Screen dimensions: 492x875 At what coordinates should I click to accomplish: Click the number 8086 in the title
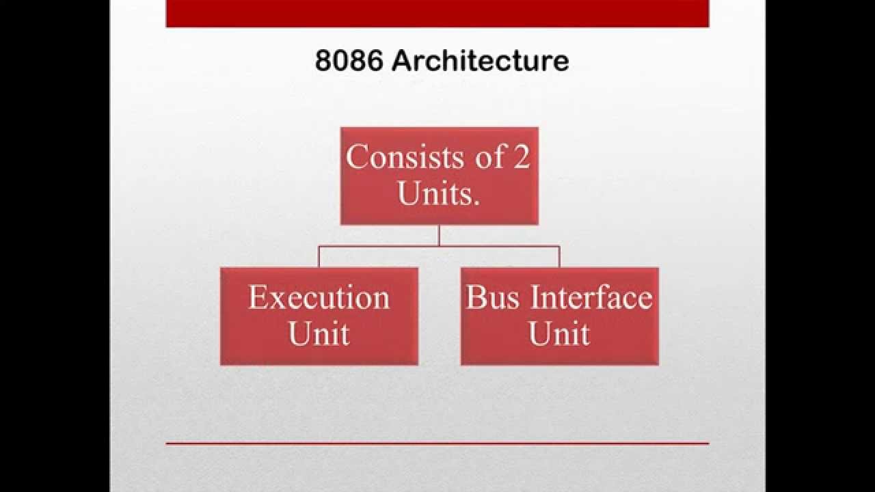[x=349, y=61]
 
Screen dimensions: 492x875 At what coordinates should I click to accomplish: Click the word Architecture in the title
[x=481, y=61]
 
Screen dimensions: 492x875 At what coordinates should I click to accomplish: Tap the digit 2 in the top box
[x=521, y=157]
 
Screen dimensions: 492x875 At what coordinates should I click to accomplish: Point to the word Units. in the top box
[x=438, y=194]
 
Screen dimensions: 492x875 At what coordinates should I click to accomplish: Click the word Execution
[x=319, y=298]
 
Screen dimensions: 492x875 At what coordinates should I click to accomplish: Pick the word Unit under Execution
[x=319, y=334]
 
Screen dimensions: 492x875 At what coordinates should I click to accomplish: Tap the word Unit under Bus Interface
[x=559, y=334]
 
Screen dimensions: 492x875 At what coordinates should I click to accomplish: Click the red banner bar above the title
[x=437, y=13]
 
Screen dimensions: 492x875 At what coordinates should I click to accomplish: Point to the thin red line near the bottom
[x=437, y=443]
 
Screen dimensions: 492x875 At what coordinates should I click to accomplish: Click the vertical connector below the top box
[x=439, y=235]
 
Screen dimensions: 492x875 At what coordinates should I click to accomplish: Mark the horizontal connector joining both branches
[x=383, y=246]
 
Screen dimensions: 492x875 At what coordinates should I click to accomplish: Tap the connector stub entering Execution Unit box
[x=319, y=257]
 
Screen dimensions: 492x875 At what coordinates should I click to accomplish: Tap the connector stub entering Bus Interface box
[x=559, y=257]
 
